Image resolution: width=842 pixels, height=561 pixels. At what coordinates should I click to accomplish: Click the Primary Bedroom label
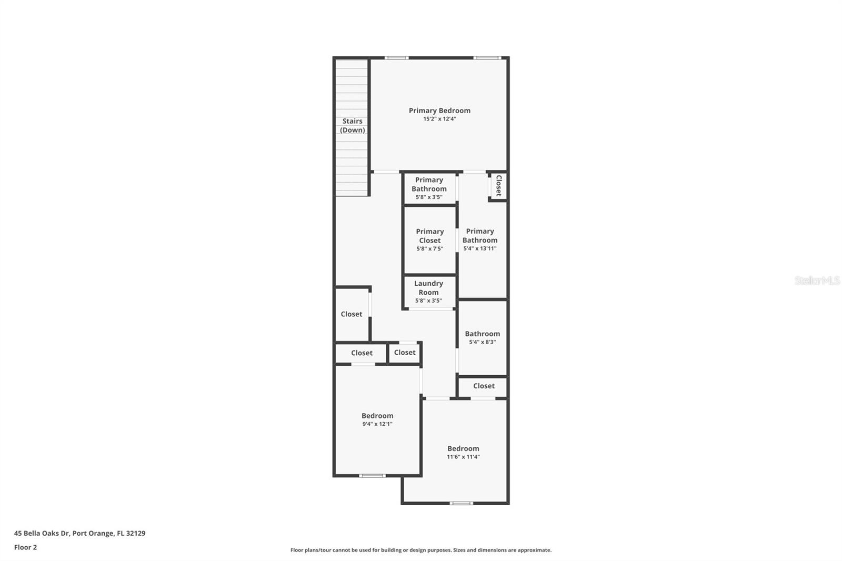pyautogui.click(x=439, y=111)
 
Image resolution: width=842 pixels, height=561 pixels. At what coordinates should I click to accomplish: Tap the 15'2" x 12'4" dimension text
pyautogui.click(x=439, y=119)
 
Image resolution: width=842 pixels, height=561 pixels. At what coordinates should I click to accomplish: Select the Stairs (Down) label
pyautogui.click(x=352, y=125)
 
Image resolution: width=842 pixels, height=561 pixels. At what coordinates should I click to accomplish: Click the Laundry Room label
pyautogui.click(x=428, y=288)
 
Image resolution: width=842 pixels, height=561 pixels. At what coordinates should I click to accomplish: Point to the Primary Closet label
pyautogui.click(x=429, y=236)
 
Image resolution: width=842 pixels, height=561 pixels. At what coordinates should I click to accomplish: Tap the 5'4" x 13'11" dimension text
pyautogui.click(x=479, y=248)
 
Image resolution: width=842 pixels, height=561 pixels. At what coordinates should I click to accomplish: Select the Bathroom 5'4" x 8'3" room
pyautogui.click(x=482, y=337)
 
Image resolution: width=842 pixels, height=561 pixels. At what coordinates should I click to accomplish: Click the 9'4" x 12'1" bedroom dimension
pyautogui.click(x=377, y=424)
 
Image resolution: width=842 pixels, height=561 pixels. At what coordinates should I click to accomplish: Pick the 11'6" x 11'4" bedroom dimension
pyautogui.click(x=463, y=457)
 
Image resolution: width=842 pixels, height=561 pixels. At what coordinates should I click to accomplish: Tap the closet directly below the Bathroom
pyautogui.click(x=483, y=386)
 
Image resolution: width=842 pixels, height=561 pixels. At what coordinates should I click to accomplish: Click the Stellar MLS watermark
pyautogui.click(x=817, y=280)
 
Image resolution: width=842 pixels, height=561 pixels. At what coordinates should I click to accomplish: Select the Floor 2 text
pyautogui.click(x=25, y=547)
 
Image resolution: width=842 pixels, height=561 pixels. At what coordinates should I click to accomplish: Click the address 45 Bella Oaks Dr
pyautogui.click(x=79, y=533)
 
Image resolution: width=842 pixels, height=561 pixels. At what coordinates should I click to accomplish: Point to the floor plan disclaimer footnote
pyautogui.click(x=421, y=550)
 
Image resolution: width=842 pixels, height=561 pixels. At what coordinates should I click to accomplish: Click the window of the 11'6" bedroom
pyautogui.click(x=461, y=503)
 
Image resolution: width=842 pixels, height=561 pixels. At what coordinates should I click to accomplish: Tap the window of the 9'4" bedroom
pyautogui.click(x=372, y=476)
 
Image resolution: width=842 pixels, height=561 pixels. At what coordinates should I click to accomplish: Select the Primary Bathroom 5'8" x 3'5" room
pyautogui.click(x=429, y=188)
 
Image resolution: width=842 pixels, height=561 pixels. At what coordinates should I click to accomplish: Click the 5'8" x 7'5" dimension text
pyautogui.click(x=429, y=249)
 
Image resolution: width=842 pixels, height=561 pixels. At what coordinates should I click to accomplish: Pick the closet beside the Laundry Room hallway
pyautogui.click(x=352, y=314)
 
